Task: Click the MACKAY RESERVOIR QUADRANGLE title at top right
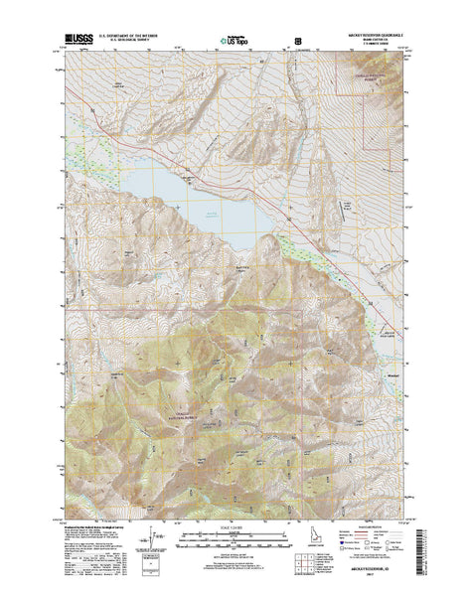[x=376, y=37]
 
